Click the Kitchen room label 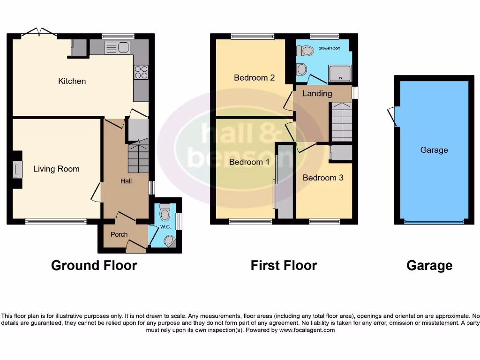[72, 81]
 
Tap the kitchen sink [118, 47]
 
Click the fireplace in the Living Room [17, 170]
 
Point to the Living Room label [56, 169]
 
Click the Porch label [119, 234]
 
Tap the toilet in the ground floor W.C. [165, 214]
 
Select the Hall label [126, 181]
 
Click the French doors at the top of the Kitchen [40, 33]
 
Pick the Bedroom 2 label [254, 78]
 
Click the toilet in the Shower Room [307, 50]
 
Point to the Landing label [317, 93]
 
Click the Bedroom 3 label [323, 178]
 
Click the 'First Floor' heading [284, 265]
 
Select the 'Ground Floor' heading [94, 265]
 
